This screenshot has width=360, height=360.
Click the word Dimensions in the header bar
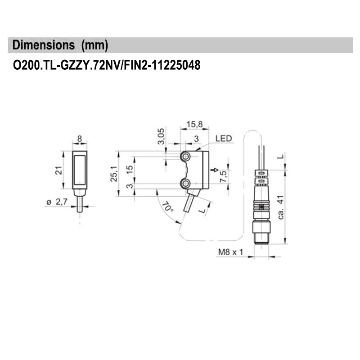[44, 45]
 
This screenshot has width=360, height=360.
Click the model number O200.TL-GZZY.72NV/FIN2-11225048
[106, 66]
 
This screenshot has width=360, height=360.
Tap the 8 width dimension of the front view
[80, 139]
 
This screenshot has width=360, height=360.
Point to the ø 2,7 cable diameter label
[57, 202]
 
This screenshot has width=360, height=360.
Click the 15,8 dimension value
[194, 124]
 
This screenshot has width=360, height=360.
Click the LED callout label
[224, 139]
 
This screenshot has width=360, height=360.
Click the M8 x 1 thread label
[230, 252]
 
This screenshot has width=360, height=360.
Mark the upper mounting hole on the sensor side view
[186, 156]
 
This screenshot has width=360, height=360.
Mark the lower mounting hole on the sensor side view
[186, 183]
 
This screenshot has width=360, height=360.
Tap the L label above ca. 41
[280, 157]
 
